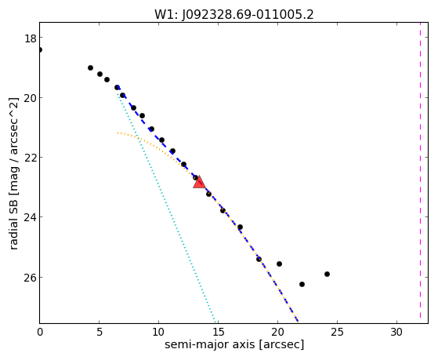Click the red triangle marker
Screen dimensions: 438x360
pyautogui.click(x=199, y=183)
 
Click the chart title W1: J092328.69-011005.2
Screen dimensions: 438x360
pyautogui.click(x=234, y=14)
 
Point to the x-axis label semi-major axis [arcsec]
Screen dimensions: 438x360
pyautogui.click(x=234, y=344)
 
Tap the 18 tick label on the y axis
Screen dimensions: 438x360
pyautogui.click(x=31, y=38)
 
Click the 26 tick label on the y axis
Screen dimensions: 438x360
pyautogui.click(x=31, y=278)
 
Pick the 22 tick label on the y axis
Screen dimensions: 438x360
pyautogui.click(x=31, y=158)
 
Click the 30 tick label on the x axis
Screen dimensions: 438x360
pyautogui.click(x=396, y=333)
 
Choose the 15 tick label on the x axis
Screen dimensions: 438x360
pyautogui.click(x=218, y=333)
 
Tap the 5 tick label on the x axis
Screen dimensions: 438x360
pyautogui.click(x=100, y=333)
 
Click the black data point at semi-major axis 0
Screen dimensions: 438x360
pyautogui.click(x=40, y=49)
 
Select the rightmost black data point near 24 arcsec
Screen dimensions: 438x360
pyautogui.click(x=327, y=275)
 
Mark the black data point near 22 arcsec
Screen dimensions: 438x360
pyautogui.click(x=302, y=284)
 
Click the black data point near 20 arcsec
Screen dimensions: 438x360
pyautogui.click(x=279, y=264)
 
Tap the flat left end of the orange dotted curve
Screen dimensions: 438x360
pyautogui.click(x=118, y=133)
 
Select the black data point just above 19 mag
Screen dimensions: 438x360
pyautogui.click(x=90, y=67)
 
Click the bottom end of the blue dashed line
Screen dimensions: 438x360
pyautogui.click(x=299, y=322)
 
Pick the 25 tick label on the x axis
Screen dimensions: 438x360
pyautogui.click(x=337, y=333)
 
